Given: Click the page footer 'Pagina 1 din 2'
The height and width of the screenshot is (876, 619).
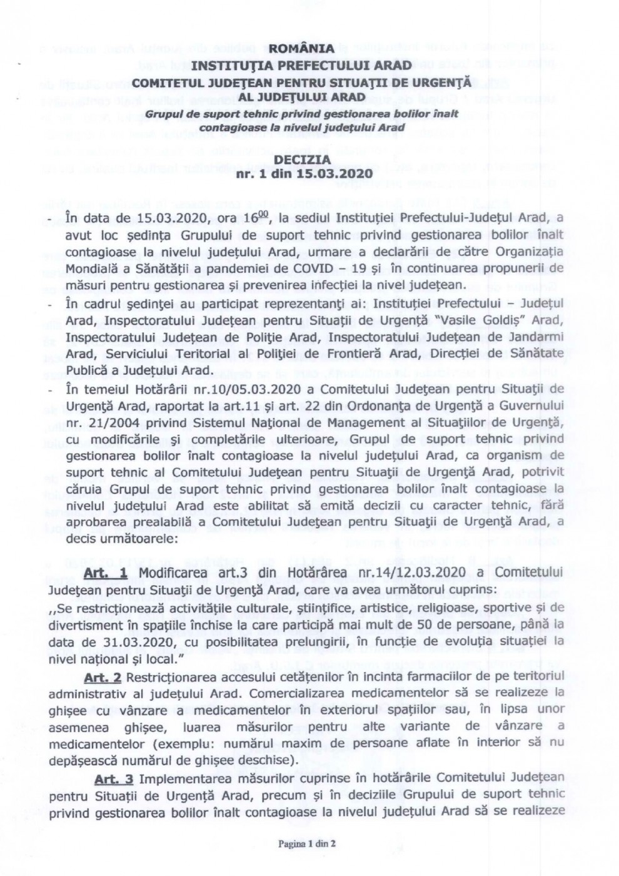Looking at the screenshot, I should tap(308, 843).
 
